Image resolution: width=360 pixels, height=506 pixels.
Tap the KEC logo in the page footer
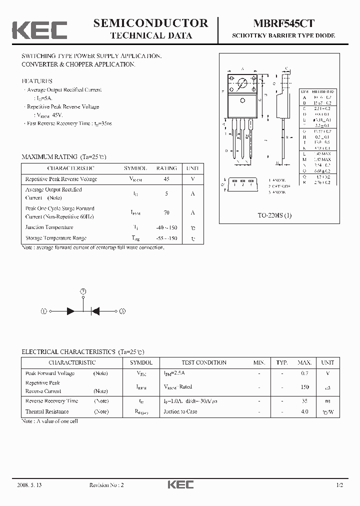(x=180, y=484)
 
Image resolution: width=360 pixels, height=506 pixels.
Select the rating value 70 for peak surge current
(x=166, y=212)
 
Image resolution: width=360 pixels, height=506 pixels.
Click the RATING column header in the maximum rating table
(x=166, y=169)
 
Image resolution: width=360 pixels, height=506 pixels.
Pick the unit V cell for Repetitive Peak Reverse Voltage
(x=192, y=179)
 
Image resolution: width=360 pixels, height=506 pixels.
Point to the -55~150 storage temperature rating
(x=166, y=238)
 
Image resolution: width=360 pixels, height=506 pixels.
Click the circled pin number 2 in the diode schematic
(x=83, y=291)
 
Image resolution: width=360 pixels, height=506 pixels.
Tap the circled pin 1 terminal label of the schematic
(x=44, y=311)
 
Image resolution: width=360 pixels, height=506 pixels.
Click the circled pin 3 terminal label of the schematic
(x=122, y=311)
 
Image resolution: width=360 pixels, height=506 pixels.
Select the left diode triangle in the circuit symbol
(x=71, y=311)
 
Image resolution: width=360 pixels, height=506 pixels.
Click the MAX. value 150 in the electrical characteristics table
(x=304, y=387)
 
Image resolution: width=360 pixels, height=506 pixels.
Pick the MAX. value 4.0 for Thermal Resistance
(x=304, y=411)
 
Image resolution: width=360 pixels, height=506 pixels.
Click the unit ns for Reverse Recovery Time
(x=327, y=401)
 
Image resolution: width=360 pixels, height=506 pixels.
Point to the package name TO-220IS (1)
(x=274, y=215)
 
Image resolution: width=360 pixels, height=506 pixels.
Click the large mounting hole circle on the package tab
(x=242, y=83)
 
